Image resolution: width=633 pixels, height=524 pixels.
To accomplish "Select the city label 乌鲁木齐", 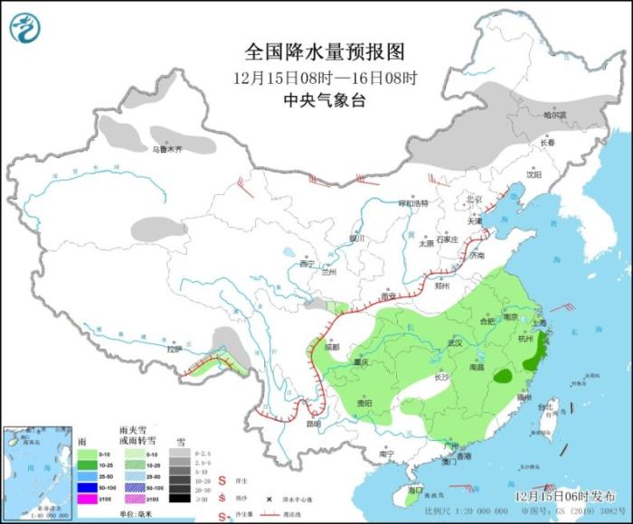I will [167, 149].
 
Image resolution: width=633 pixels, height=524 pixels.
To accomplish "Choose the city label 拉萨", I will [175, 349].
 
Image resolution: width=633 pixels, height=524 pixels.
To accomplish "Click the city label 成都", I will [330, 346].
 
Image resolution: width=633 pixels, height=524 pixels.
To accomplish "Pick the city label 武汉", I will [455, 343].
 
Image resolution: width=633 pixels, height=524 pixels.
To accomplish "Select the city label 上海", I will [541, 322].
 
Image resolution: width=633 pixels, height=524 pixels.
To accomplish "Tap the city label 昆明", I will [312, 424].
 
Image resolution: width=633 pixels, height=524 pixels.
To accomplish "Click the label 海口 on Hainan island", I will [415, 489].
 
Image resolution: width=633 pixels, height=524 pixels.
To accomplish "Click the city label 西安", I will [389, 295].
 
